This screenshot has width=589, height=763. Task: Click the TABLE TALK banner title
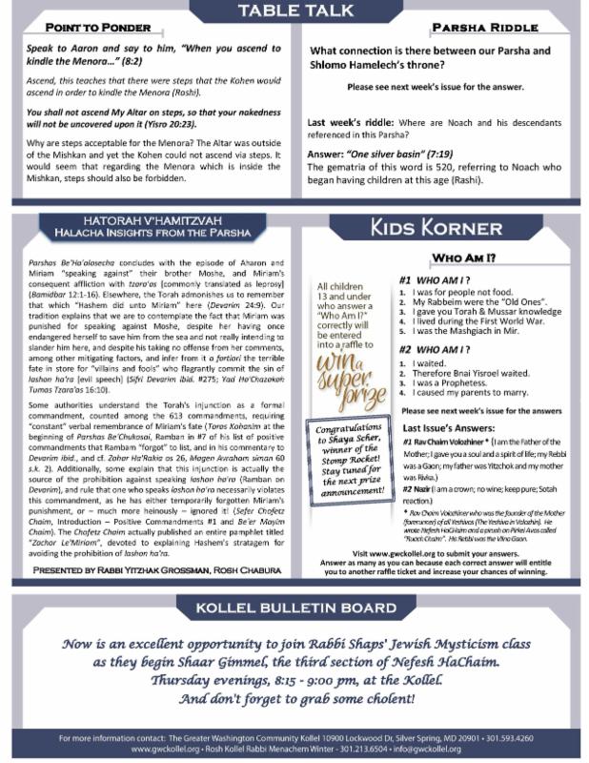coord(294,12)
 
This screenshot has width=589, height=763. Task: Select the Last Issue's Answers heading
coord(446,430)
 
